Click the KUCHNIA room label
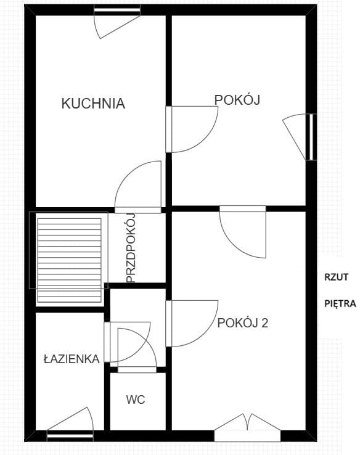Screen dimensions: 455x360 (x=93, y=104)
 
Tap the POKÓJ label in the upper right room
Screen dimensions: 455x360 (x=235, y=100)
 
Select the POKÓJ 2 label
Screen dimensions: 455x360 (x=242, y=322)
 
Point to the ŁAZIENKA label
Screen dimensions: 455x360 (x=72, y=359)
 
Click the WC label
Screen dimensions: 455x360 (x=136, y=400)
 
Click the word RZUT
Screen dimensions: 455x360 (x=337, y=277)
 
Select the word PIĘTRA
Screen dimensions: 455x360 (x=340, y=304)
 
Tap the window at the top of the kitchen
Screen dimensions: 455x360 (x=117, y=10)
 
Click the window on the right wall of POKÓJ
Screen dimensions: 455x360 (x=311, y=137)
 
